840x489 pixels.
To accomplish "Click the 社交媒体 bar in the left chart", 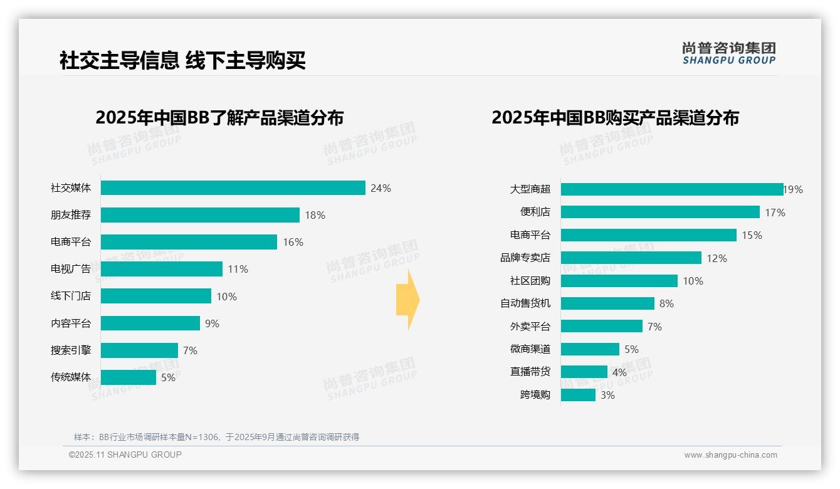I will pyautogui.click(x=233, y=188).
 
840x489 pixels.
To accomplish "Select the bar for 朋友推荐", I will pyautogui.click(x=200, y=215).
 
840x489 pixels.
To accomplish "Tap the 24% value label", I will pyautogui.click(x=381, y=188).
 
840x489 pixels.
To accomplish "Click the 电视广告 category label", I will pyautogui.click(x=71, y=269).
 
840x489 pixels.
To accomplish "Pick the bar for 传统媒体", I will pyautogui.click(x=129, y=377).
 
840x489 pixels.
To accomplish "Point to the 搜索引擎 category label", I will pyautogui.click(x=71, y=350).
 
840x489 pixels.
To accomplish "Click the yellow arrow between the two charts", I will pyautogui.click(x=407, y=300).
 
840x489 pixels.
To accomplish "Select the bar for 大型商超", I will pyautogui.click(x=672, y=189).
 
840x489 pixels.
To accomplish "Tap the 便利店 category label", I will pyautogui.click(x=535, y=212).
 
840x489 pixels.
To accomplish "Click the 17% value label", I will pyautogui.click(x=775, y=213).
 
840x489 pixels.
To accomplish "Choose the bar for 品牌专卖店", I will pyautogui.click(x=631, y=258).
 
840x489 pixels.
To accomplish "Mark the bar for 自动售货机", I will pyautogui.click(x=607, y=303).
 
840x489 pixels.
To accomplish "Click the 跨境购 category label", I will pyautogui.click(x=535, y=395).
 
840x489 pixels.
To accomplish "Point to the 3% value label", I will pyautogui.click(x=607, y=395).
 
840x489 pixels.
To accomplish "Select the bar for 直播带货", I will pyautogui.click(x=584, y=372).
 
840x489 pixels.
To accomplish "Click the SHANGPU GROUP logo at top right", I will pyautogui.click(x=729, y=53).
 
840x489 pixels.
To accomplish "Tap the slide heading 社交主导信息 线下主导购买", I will pyautogui.click(x=182, y=60).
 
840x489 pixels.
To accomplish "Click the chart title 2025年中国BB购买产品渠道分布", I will pyautogui.click(x=615, y=117).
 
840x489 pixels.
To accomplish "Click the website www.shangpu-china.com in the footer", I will pyautogui.click(x=730, y=455).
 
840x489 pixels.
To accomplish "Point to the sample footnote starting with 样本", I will pyautogui.click(x=217, y=437).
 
